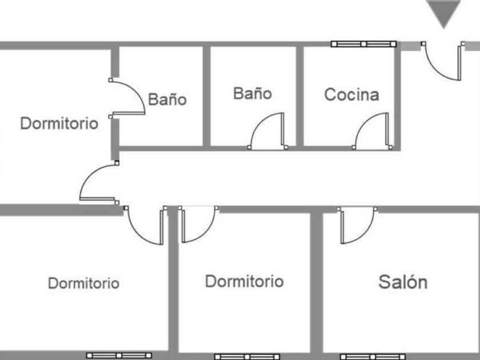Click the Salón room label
[403, 282]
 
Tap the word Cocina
[351, 94]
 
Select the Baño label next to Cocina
[252, 93]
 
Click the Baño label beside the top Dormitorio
[167, 99]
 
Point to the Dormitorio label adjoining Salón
[244, 281]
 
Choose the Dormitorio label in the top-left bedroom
[59, 123]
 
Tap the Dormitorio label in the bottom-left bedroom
[83, 283]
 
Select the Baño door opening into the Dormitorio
[127, 97]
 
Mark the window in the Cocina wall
[363, 43]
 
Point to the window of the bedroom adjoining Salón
[246, 357]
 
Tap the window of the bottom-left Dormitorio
[119, 355]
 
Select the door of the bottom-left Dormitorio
[146, 226]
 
